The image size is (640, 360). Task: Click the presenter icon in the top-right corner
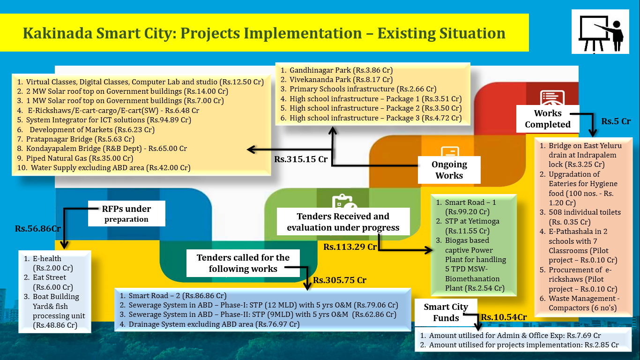pyautogui.click(x=600, y=32)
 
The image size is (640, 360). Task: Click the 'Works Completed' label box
pyautogui.click(x=548, y=119)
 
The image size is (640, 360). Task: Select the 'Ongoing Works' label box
pyautogui.click(x=449, y=170)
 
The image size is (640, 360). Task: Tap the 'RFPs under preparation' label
pyautogui.click(x=127, y=214)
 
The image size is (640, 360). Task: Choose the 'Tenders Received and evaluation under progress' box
pyautogui.click(x=343, y=222)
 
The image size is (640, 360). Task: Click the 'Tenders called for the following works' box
pyautogui.click(x=243, y=263)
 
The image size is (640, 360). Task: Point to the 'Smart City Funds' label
pyautogui.click(x=446, y=312)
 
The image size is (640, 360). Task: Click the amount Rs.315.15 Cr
pyautogui.click(x=301, y=159)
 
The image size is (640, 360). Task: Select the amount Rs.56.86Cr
pyautogui.click(x=37, y=229)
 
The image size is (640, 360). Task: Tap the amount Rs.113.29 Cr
pyautogui.click(x=350, y=247)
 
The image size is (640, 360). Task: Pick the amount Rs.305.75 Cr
pyautogui.click(x=340, y=280)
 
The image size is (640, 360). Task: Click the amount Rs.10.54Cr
pyautogui.click(x=504, y=317)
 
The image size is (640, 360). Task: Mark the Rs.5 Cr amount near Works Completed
pyautogui.click(x=616, y=121)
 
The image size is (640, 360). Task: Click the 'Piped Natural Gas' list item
pyautogui.click(x=75, y=158)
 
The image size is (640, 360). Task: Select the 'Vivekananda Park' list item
pyautogui.click(x=336, y=80)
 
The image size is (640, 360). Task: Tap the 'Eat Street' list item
pyautogui.click(x=49, y=282)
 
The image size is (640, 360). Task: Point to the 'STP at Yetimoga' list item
pyautogui.click(x=468, y=226)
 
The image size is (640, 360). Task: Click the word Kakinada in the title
pyautogui.click(x=58, y=33)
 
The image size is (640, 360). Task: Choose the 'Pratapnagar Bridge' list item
pyautogui.click(x=76, y=139)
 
